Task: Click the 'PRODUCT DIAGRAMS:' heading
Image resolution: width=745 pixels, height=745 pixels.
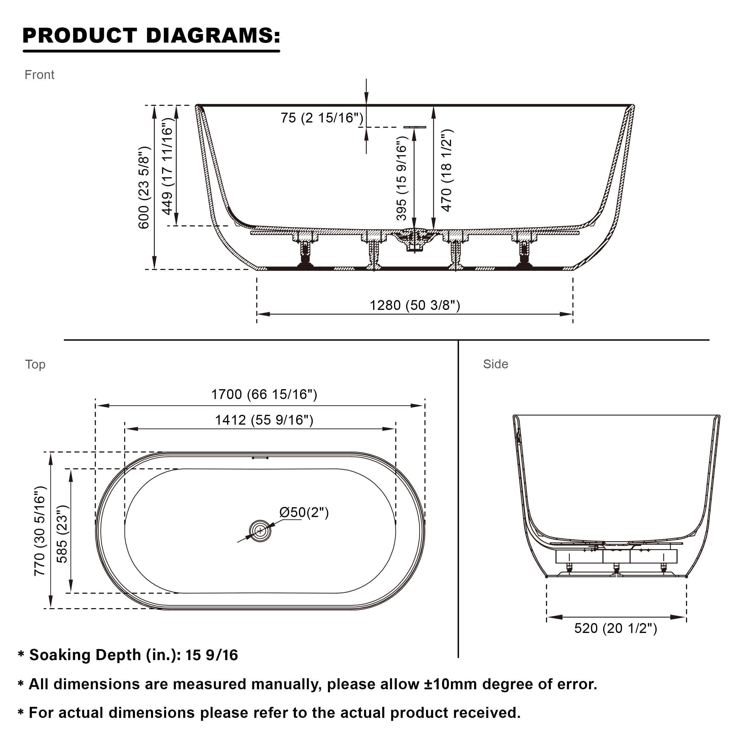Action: point(151,35)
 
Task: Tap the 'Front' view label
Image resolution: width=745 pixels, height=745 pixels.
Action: point(39,75)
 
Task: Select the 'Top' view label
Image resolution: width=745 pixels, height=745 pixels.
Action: point(35,364)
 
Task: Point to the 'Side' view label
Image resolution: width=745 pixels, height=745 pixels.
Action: point(496,364)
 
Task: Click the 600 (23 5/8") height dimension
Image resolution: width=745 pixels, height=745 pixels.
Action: point(144,187)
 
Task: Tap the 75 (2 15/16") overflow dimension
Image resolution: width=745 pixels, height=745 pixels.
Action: point(322,118)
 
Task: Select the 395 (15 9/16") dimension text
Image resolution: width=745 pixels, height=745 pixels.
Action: point(401,178)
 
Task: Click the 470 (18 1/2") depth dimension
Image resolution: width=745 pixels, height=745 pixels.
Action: point(446,170)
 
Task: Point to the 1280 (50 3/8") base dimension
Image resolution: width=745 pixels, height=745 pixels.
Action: point(415,305)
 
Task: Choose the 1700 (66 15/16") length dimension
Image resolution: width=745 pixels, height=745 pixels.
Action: point(264,395)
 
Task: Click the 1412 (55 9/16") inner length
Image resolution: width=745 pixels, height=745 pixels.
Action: point(264,420)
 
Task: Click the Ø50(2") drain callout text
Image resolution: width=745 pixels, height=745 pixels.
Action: point(304,513)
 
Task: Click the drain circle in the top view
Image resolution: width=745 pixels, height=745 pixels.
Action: point(260,531)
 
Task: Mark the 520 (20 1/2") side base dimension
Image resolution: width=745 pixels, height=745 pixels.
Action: point(615,628)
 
